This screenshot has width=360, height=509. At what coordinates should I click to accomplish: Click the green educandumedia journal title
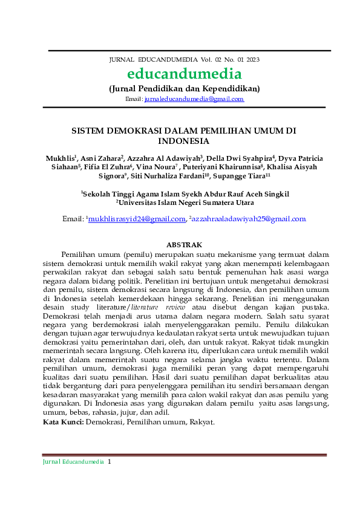click(184, 74)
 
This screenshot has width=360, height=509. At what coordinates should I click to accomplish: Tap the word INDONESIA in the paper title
click(183, 141)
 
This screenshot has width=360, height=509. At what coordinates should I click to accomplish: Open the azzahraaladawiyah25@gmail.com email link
click(249, 219)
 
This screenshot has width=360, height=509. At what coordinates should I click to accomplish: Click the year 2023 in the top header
click(252, 60)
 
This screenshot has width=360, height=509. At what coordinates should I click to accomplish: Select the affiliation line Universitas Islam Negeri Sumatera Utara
click(185, 203)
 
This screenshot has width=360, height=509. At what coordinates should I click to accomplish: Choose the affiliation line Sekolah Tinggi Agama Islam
click(185, 193)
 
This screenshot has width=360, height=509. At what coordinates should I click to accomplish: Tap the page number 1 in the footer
click(110, 461)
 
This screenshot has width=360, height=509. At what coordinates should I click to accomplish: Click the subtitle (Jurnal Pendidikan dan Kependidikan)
click(184, 88)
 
